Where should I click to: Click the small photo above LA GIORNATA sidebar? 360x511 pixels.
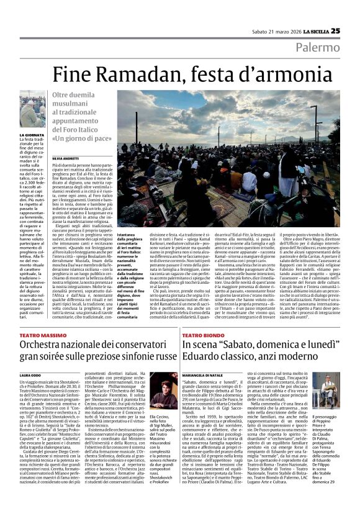tap(32, 112)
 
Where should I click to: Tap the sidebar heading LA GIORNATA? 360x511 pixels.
tap(32, 134)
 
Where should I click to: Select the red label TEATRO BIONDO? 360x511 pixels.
tap(202, 335)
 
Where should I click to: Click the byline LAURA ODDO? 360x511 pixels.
tap(30, 375)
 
